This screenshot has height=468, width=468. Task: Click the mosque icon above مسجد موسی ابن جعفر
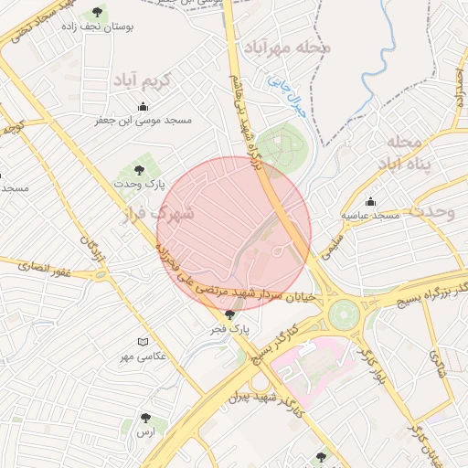(142, 104)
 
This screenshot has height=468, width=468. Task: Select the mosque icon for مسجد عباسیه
(370, 201)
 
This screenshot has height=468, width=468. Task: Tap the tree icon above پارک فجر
(229, 314)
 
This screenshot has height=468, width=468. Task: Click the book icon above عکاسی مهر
(142, 342)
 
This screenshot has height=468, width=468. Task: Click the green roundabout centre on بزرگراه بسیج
(345, 314)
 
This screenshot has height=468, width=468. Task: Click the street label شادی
(441, 370)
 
